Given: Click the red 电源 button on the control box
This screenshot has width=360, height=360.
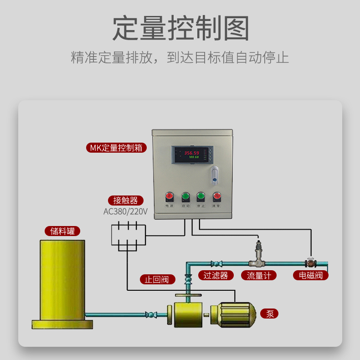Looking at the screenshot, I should (x=170, y=197).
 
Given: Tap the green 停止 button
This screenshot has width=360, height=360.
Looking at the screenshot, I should (x=201, y=197).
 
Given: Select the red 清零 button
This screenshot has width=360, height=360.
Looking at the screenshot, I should (x=216, y=197).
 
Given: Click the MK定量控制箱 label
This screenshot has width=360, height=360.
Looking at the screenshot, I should (x=116, y=148).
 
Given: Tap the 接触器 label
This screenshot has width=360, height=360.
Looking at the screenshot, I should (x=125, y=201).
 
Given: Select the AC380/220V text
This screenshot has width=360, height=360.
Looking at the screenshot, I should (x=125, y=211).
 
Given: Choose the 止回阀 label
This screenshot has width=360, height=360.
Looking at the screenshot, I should (x=157, y=279).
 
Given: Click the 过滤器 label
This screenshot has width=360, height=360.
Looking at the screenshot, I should (x=216, y=275).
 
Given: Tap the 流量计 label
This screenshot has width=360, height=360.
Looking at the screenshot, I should (x=259, y=275).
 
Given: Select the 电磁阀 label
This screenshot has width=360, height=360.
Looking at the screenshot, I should (x=311, y=275).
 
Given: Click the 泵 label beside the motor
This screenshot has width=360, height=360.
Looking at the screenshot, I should (x=270, y=314).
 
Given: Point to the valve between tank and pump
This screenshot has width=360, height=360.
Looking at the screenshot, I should (x=150, y=314).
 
